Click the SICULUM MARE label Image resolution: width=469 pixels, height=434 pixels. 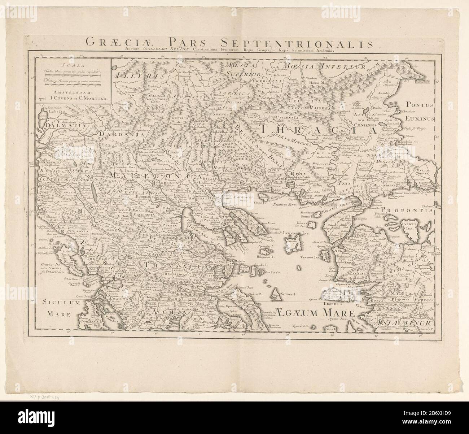coord(58,306)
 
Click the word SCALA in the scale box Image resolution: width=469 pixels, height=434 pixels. coord(68,65)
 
